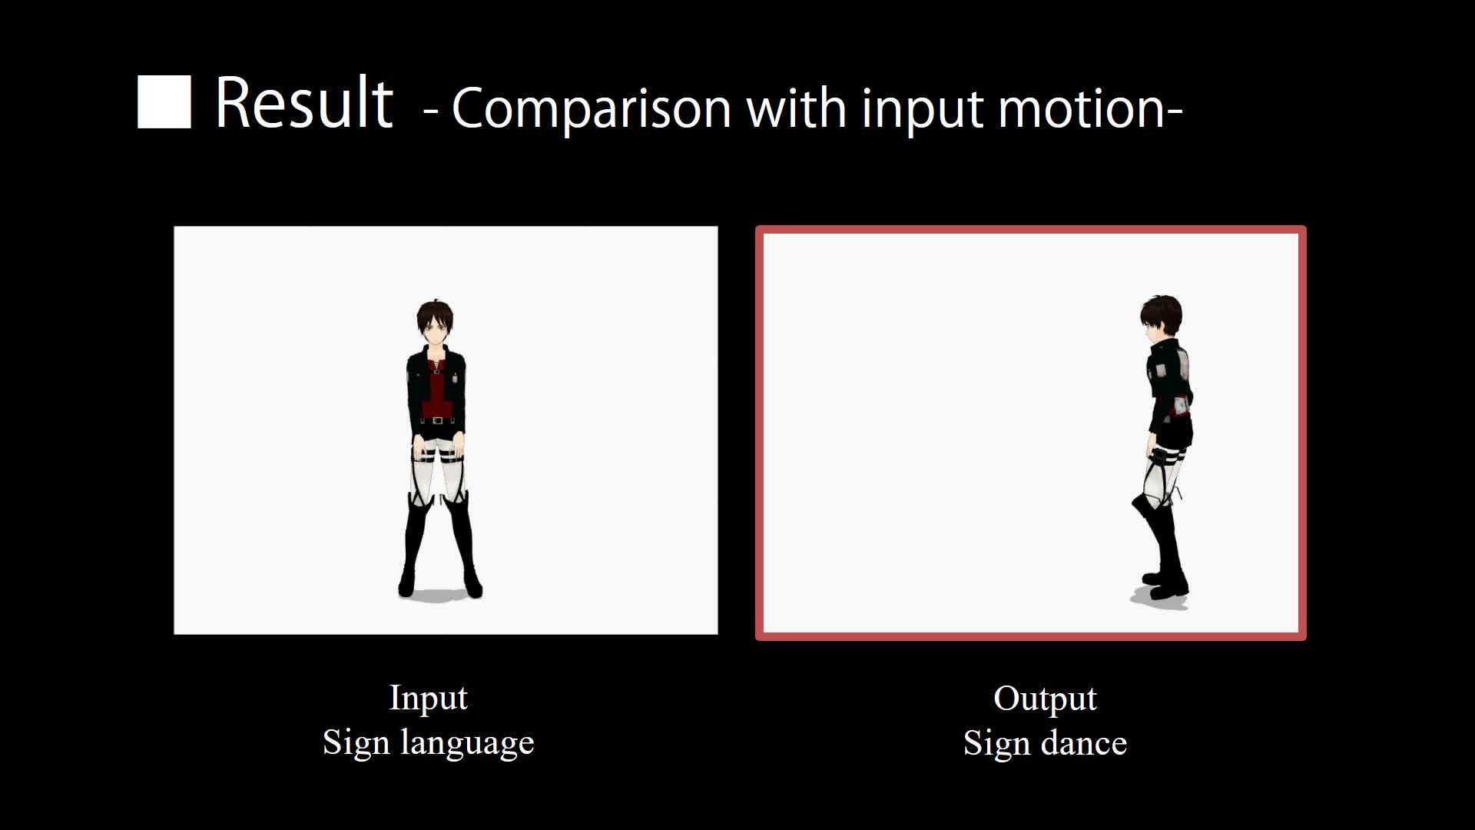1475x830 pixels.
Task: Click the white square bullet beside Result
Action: pyautogui.click(x=164, y=101)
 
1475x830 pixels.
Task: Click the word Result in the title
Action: pyautogui.click(x=304, y=103)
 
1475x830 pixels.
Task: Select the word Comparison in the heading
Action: pyautogui.click(x=592, y=108)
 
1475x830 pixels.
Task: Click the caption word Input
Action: pyautogui.click(x=428, y=699)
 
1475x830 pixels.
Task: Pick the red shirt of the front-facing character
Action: pyautogui.click(x=436, y=392)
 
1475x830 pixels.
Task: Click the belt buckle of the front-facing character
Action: pyautogui.click(x=437, y=420)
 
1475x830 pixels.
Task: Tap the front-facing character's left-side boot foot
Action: pyautogui.click(x=406, y=584)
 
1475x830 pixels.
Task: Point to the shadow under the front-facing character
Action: pyautogui.click(x=440, y=594)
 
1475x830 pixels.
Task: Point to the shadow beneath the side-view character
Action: pyautogui.click(x=1158, y=599)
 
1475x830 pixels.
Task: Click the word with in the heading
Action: pyautogui.click(x=796, y=108)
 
